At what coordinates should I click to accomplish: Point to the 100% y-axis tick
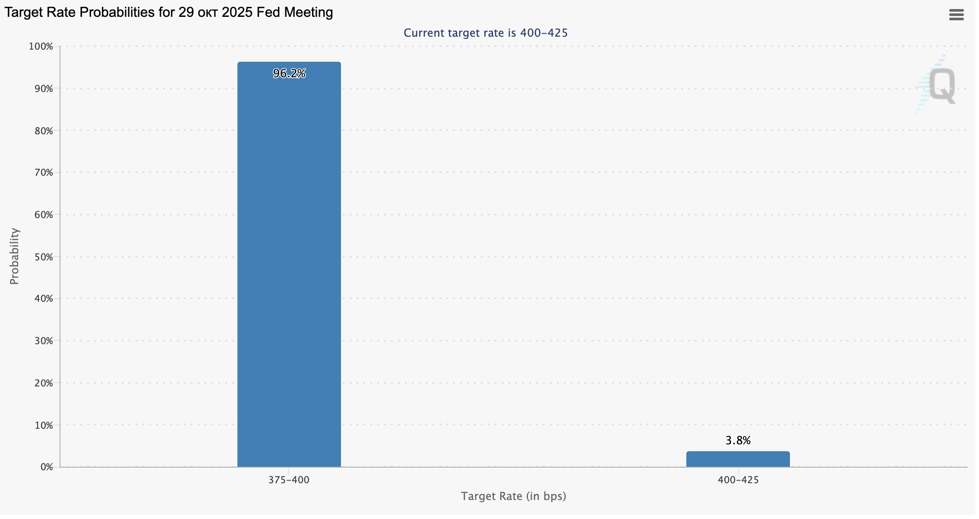point(41,47)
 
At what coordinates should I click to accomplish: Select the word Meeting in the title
point(311,13)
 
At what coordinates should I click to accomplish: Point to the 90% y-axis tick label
point(44,89)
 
